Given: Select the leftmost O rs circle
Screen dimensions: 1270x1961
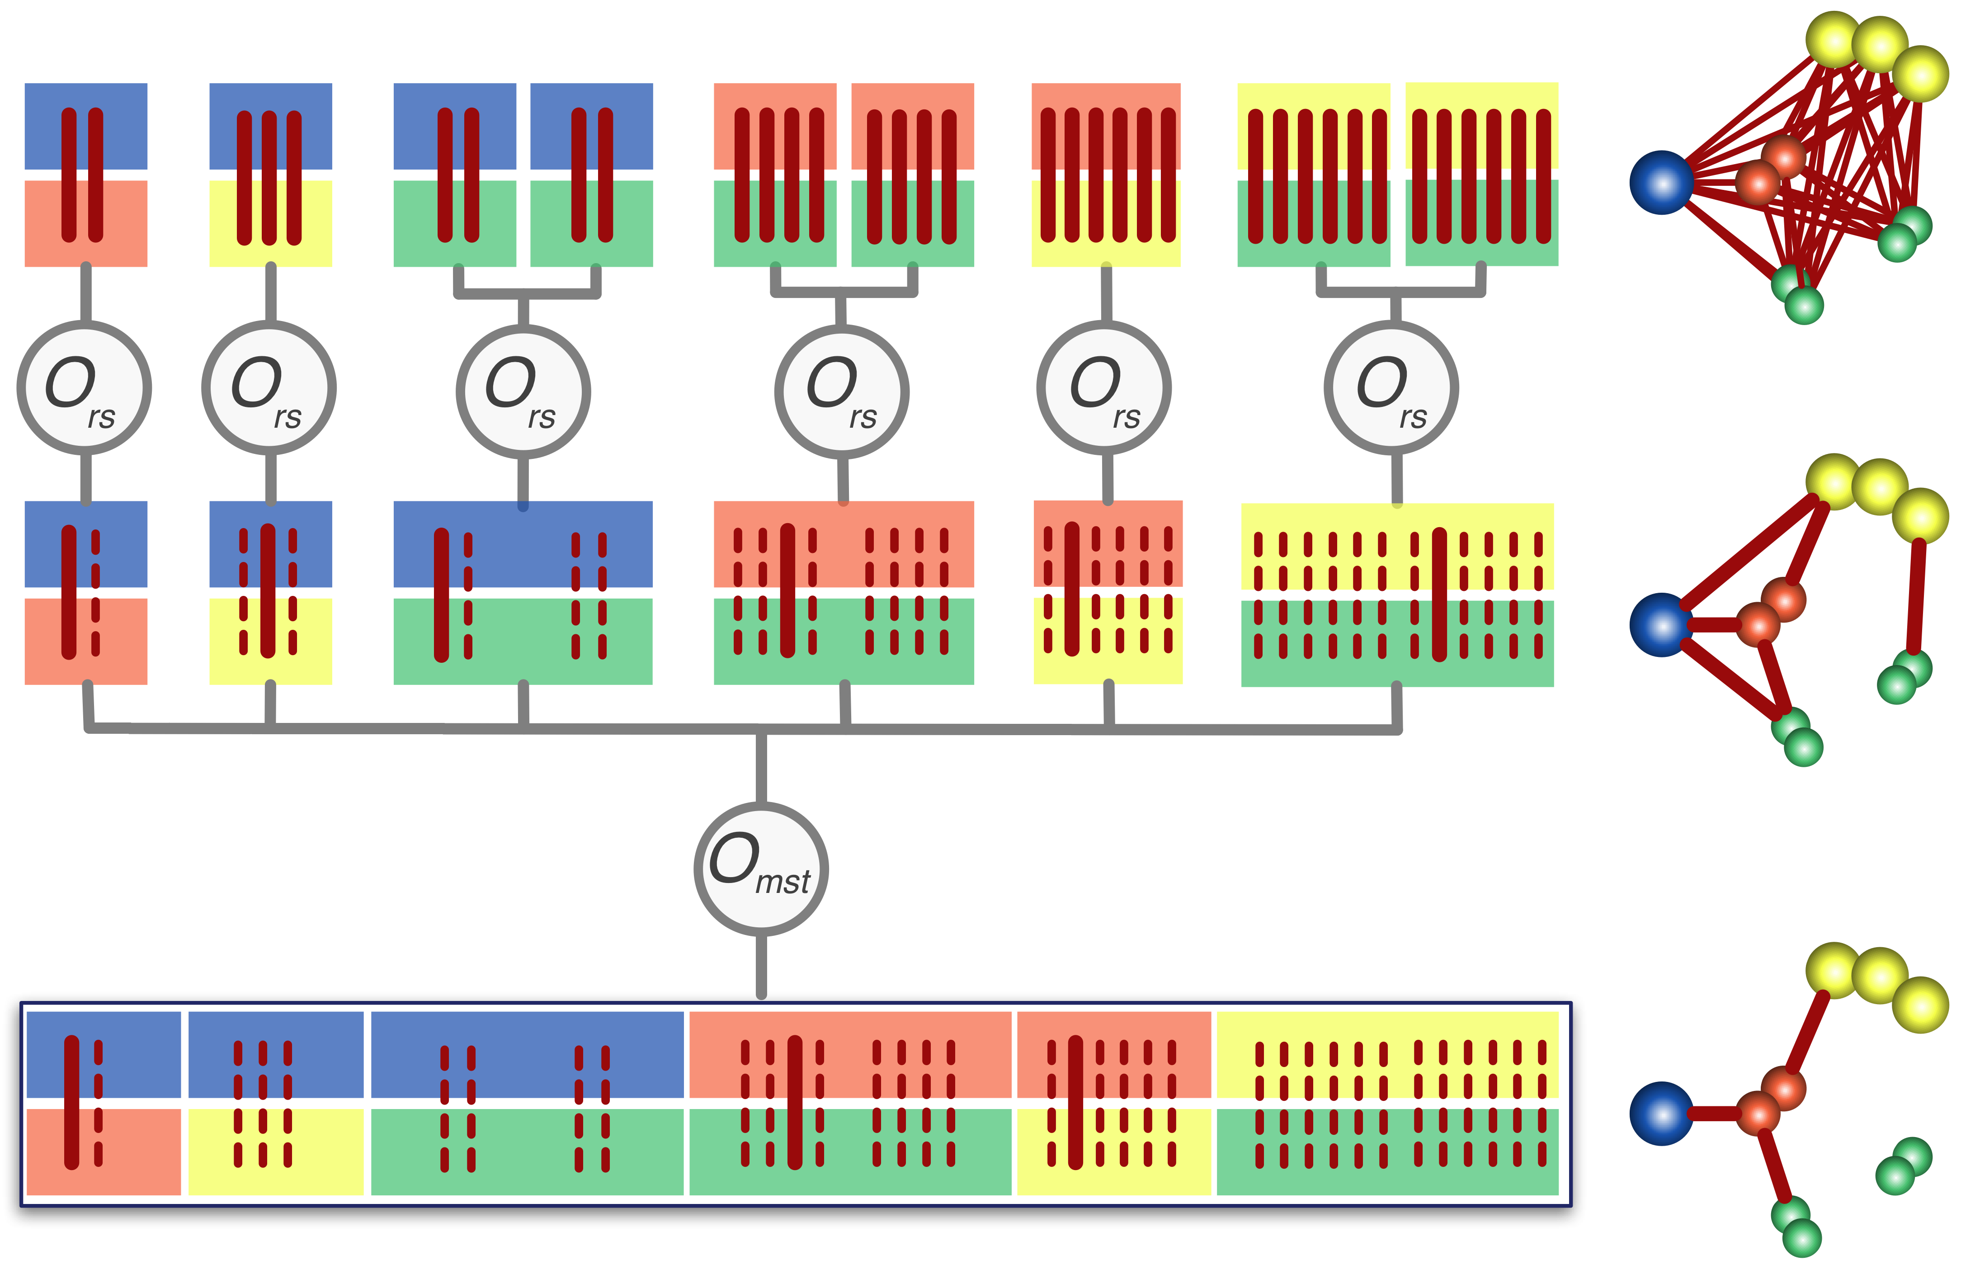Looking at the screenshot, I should tap(84, 387).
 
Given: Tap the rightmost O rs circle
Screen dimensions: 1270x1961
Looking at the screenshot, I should tap(1391, 387).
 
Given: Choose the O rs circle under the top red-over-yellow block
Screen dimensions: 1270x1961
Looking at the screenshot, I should tap(1103, 387).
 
